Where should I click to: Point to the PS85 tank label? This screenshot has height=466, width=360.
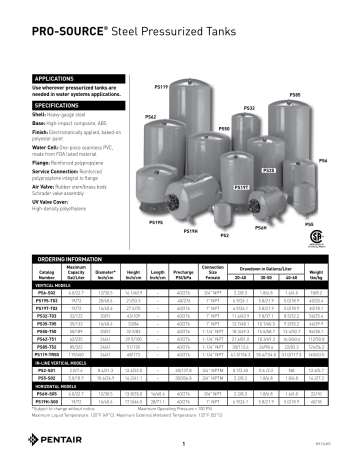pos(295,94)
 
